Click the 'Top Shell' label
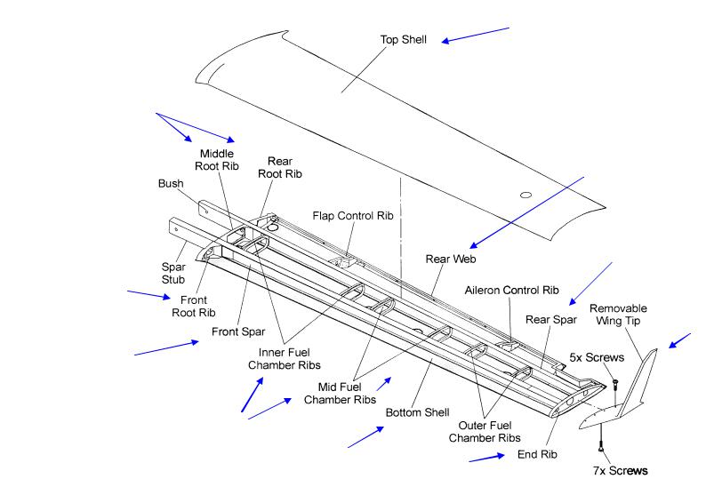(405, 40)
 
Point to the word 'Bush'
(171, 184)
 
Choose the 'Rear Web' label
(451, 259)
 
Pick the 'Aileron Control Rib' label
(511, 290)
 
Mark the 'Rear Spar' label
(544, 319)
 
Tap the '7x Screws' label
(620, 469)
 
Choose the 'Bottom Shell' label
(418, 413)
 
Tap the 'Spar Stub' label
(173, 272)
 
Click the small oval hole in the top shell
(525, 195)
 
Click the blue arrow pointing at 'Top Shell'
(476, 35)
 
